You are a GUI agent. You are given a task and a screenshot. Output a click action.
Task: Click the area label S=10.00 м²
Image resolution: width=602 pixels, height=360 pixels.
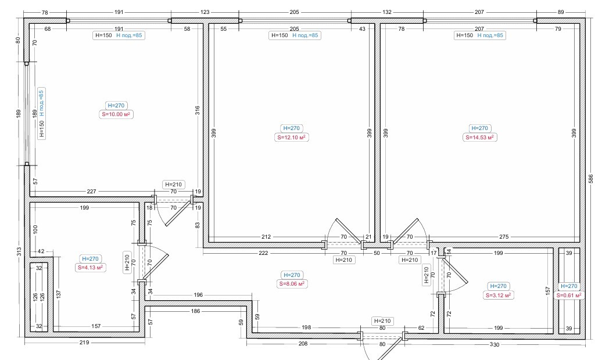pos(116,114)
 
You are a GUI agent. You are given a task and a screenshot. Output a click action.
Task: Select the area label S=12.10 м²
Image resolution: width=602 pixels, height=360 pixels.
pos(291,138)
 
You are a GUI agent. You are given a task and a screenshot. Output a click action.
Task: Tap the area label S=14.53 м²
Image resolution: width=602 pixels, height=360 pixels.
pos(479,138)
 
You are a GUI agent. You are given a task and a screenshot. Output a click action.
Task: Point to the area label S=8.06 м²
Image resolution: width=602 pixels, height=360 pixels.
pos(292,284)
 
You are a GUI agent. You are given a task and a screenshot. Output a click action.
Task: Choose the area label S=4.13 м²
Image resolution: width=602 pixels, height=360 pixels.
pos(90,268)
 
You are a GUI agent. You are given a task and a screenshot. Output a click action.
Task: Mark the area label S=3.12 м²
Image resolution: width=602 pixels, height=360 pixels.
pos(499,296)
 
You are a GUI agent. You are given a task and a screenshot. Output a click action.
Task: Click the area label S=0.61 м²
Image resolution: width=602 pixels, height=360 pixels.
pos(569,296)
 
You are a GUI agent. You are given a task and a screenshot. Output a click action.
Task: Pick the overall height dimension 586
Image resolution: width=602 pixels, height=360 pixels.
pos(592,179)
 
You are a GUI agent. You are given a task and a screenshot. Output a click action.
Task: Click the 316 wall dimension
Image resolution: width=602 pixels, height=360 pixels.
pos(198,110)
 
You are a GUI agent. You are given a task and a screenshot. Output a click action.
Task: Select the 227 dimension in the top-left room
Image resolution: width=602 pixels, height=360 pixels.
pos(91,191)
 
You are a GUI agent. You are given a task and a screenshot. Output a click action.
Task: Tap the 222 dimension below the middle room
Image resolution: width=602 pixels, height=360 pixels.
pos(263,253)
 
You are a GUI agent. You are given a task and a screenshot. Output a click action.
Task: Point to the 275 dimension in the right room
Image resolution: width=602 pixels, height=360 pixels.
pos(504,237)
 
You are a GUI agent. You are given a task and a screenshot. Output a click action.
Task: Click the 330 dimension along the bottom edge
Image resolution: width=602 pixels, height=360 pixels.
pos(494,345)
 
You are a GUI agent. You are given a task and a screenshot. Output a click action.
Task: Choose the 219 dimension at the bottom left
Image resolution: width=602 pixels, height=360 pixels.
pos(84,343)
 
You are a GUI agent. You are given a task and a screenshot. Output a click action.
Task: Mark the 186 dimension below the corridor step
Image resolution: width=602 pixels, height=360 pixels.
pos(195,311)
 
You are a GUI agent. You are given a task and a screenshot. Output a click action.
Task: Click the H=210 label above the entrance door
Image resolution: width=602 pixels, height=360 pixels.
pos(382,321)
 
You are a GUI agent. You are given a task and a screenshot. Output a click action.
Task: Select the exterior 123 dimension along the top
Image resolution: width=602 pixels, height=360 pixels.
pos(205,12)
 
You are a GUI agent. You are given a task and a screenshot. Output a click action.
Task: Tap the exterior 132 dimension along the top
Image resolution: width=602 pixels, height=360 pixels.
pos(386,12)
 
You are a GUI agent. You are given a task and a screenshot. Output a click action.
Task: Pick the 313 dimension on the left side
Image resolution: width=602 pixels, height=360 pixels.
pos(19,252)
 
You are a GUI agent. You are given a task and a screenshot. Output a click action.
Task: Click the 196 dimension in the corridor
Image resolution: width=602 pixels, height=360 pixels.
pos(198,295)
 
